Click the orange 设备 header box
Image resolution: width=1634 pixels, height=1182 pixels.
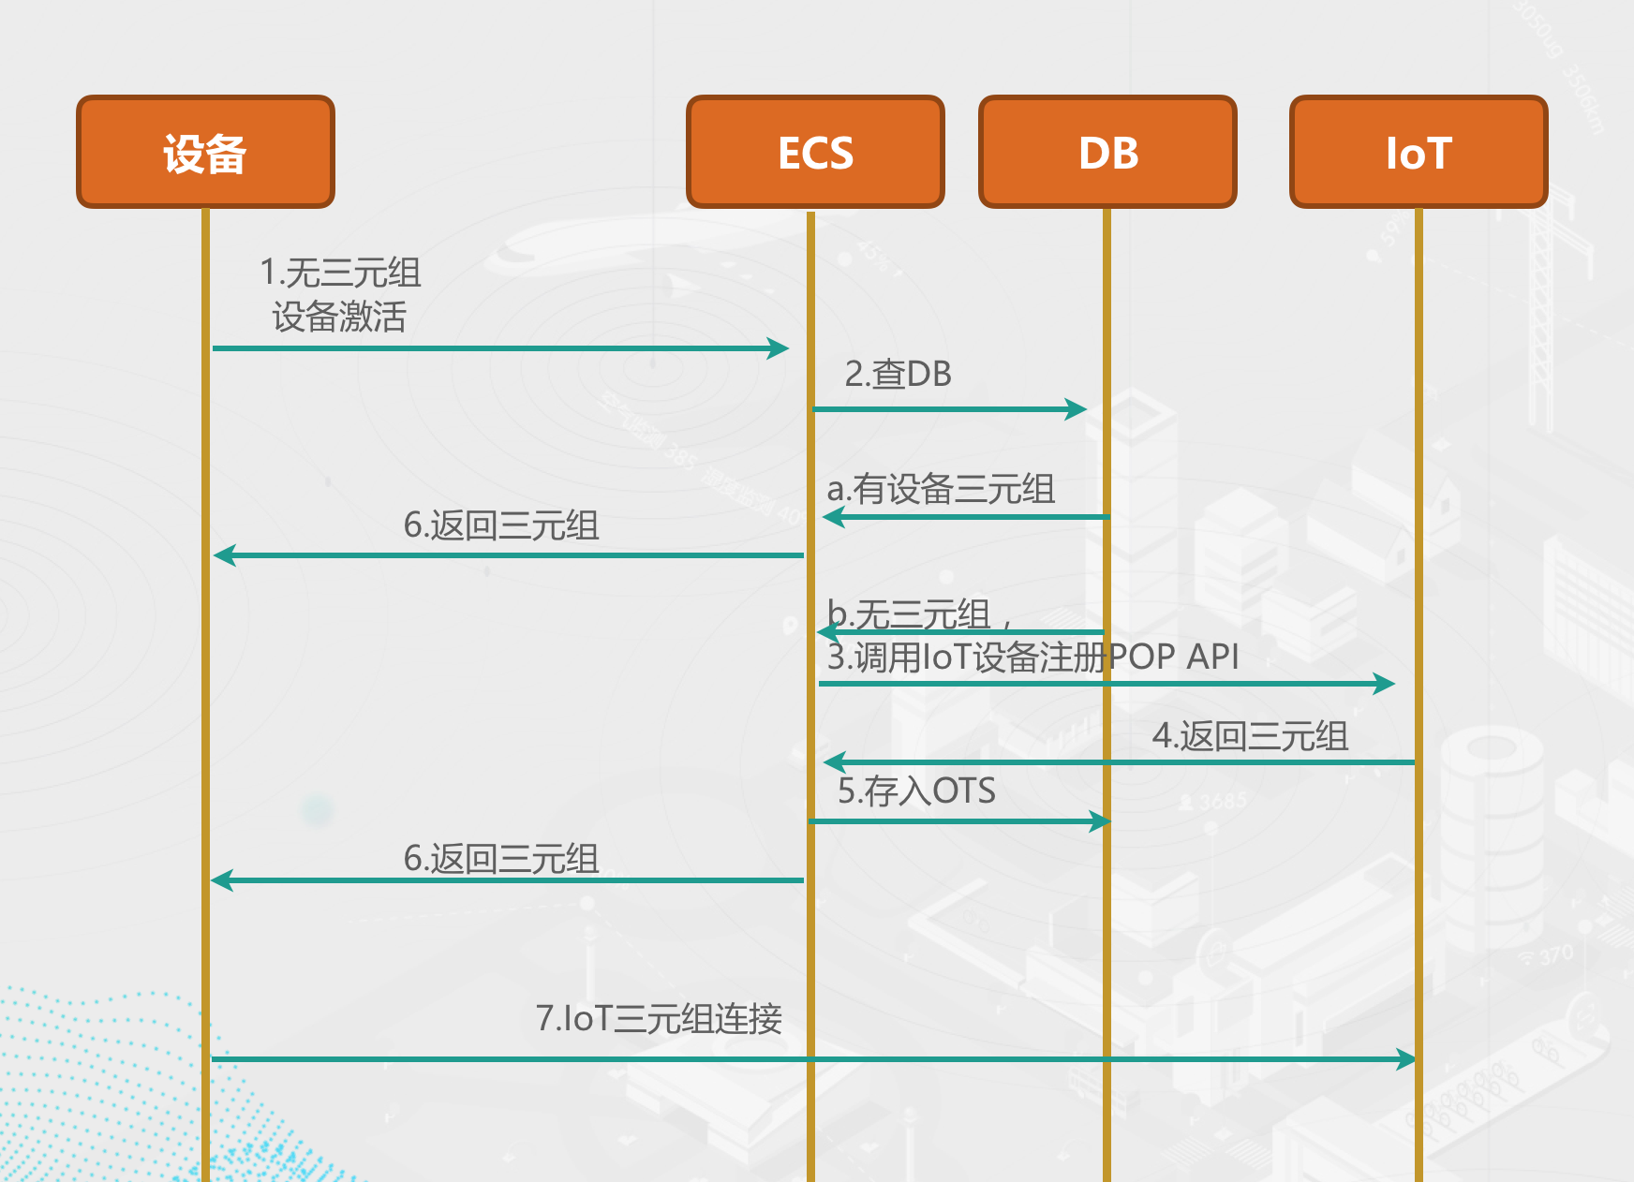coord(205,152)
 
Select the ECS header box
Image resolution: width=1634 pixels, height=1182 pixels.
coord(815,152)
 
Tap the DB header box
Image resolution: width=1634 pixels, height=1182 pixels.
coord(1107,152)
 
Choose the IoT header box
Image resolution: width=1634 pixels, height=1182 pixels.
coord(1419,152)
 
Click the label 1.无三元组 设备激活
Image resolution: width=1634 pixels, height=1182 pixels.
coord(339,295)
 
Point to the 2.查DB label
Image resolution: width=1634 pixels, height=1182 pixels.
coord(898,374)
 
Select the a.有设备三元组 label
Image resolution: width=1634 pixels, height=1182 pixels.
coord(941,489)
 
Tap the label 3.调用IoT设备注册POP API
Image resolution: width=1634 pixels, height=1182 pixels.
coord(1032,657)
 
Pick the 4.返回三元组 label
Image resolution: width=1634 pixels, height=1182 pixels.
coord(1250,736)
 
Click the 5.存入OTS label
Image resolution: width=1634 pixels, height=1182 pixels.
coord(916,791)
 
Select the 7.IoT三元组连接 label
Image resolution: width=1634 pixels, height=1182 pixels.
coord(659,1018)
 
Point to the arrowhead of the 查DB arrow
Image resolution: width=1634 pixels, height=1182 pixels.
coord(1077,409)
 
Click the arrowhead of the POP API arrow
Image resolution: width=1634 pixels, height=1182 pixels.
coord(1385,684)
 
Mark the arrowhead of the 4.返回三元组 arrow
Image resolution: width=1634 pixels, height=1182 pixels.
coord(833,762)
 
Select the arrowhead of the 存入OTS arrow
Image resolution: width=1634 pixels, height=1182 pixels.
coord(1101,821)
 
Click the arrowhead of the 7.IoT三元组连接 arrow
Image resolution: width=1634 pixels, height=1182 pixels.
coord(1405,1059)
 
